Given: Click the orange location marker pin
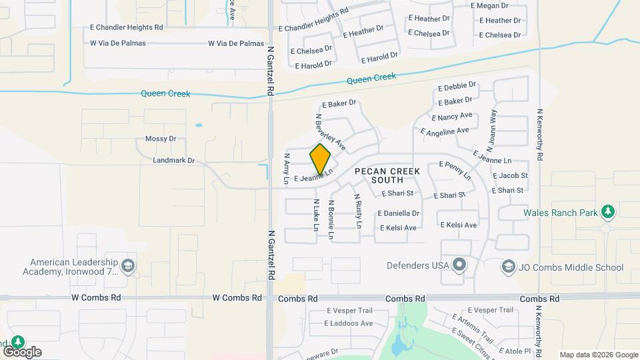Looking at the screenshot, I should click(x=320, y=159).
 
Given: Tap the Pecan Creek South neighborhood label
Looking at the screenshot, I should click(x=387, y=175).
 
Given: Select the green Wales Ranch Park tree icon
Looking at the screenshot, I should click(x=607, y=212).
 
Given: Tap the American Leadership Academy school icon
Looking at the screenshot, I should click(x=128, y=267).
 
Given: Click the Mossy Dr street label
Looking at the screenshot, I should click(x=160, y=139).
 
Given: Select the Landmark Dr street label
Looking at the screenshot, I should click(x=173, y=161).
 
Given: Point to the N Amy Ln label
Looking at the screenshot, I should click(x=287, y=169).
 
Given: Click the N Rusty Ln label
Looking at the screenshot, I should click(x=358, y=215).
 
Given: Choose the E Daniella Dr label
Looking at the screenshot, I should click(x=398, y=213).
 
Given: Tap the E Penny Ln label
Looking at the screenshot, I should click(x=455, y=170).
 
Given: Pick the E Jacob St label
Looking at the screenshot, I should click(x=510, y=176).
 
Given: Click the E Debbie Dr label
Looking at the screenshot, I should click(x=457, y=87).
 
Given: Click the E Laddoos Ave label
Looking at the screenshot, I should click(x=349, y=323).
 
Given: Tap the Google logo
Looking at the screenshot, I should click(x=22, y=352).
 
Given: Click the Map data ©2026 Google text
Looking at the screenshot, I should click(x=599, y=355).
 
